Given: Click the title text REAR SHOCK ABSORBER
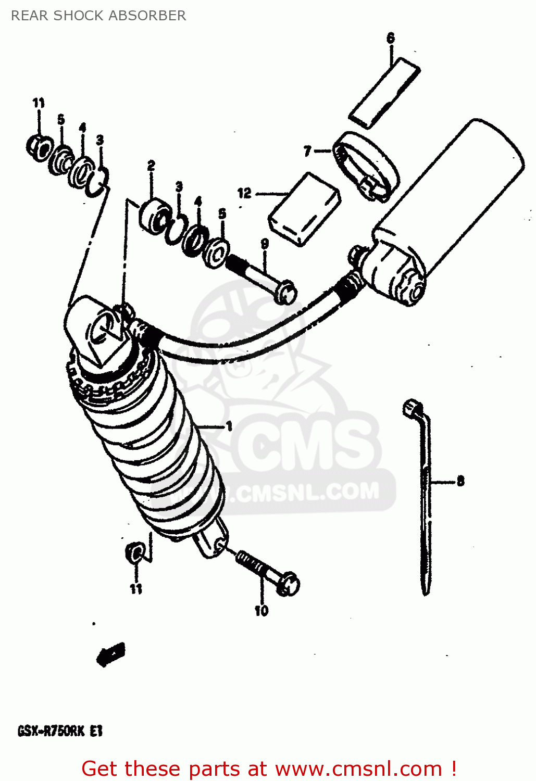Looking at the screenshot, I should pyautogui.click(x=98, y=16).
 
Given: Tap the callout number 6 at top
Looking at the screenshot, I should pyautogui.click(x=391, y=38).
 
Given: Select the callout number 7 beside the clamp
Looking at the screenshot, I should pyautogui.click(x=307, y=151).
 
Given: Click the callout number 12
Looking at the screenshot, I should pyautogui.click(x=244, y=193).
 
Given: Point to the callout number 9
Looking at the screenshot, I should pyautogui.click(x=265, y=244).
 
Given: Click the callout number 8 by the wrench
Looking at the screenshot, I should pyautogui.click(x=460, y=481).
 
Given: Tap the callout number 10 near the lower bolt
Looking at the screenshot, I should pyautogui.click(x=261, y=610).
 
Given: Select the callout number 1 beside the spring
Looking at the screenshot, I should pyautogui.click(x=229, y=426).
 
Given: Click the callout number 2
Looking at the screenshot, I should pyautogui.click(x=151, y=166).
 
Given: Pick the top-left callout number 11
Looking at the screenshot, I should pyautogui.click(x=39, y=103).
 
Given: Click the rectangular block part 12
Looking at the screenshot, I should pyautogui.click(x=305, y=208).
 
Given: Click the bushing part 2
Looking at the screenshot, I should pyautogui.click(x=154, y=214).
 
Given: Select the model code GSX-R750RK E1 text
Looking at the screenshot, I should pyautogui.click(x=60, y=730).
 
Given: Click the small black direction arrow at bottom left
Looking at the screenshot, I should pyautogui.click(x=111, y=653).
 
